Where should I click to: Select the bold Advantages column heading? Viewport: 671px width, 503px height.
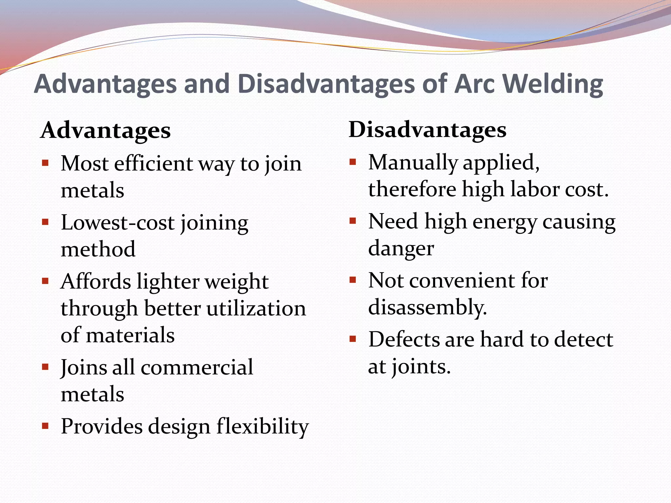105,130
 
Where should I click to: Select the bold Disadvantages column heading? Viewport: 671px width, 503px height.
428,129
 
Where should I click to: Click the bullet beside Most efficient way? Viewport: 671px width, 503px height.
45,163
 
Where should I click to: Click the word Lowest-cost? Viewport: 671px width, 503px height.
118,223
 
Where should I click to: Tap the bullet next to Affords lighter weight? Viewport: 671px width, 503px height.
45,281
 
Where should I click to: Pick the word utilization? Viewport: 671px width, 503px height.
256,308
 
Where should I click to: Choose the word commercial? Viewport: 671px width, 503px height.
197,367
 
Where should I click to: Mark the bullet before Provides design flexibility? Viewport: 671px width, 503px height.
45,426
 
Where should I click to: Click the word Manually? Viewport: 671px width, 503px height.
413,162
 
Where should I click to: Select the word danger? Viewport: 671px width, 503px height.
401,249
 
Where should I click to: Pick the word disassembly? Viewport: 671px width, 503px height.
427,307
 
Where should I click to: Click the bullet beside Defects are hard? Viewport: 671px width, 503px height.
353,339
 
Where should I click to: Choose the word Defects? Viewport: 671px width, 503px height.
404,339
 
